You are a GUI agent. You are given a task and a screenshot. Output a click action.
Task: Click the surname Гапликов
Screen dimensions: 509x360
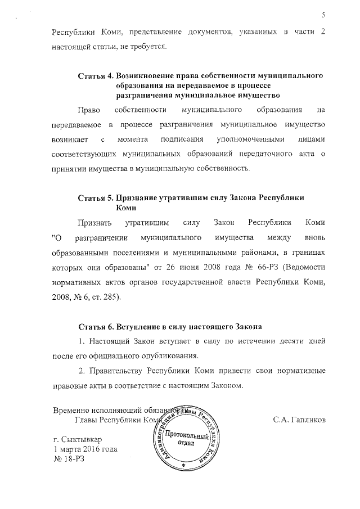tap(299, 420)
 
